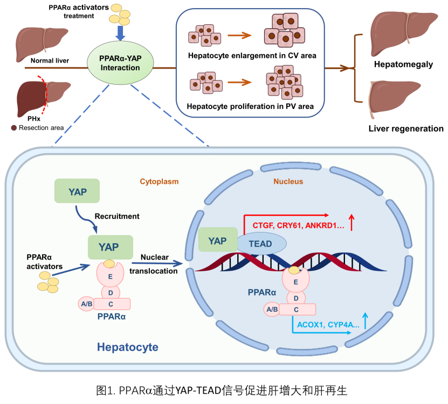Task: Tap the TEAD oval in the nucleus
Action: coord(260,244)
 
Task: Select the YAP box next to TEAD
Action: coord(218,240)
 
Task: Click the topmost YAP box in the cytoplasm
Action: coord(77,191)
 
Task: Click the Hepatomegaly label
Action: coord(404,64)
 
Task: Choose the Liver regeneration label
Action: coord(406,128)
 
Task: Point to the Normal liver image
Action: coord(41,39)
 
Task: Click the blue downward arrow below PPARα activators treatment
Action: coord(121,32)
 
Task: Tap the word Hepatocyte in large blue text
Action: coord(128,347)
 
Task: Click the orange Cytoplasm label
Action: coord(160,182)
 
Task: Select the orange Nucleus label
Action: coord(288,182)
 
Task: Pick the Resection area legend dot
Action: coord(14,128)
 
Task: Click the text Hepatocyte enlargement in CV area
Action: coord(252,56)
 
